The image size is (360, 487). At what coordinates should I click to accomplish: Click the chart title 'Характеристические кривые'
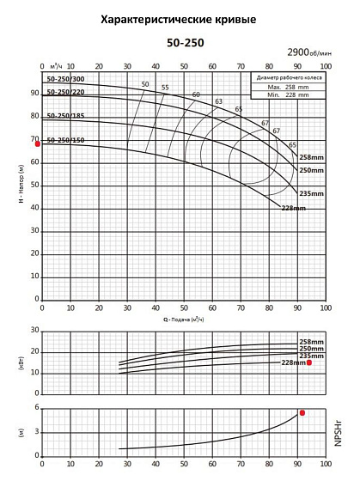coord(178,18)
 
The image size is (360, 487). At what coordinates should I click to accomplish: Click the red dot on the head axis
coord(37,144)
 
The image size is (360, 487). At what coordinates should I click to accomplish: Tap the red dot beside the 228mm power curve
coord(309,363)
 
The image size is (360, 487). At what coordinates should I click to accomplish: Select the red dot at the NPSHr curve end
coord(302,413)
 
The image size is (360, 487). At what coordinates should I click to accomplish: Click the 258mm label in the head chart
coord(310,157)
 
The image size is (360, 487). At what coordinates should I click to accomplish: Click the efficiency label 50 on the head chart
coord(144,83)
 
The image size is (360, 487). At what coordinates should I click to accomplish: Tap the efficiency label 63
coord(218,101)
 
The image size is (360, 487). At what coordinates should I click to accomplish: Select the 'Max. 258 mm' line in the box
coord(287,88)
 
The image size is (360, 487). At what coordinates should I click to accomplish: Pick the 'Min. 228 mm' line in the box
coord(287,94)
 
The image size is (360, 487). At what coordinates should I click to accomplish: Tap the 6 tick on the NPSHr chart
coord(36,408)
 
